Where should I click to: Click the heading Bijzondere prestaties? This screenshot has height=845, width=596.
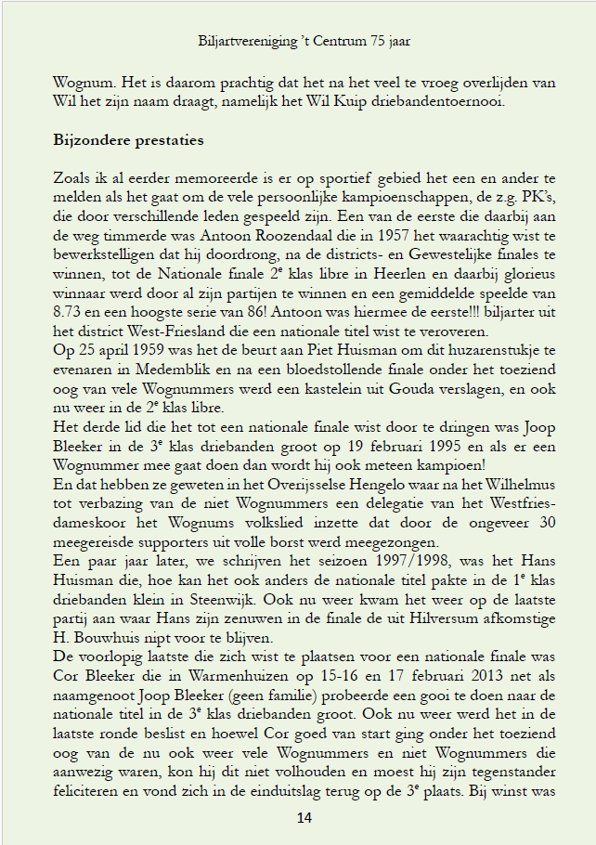coord(129,141)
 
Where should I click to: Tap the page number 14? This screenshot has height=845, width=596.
coord(304,817)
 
